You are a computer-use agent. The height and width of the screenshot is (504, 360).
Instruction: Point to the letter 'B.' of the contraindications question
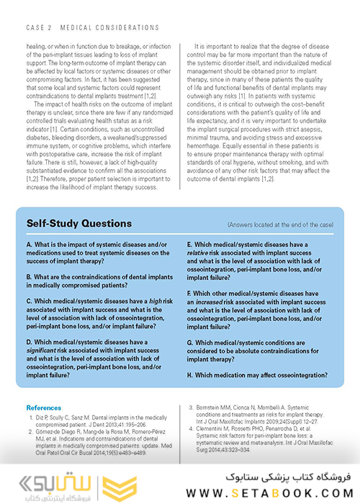point(29,276)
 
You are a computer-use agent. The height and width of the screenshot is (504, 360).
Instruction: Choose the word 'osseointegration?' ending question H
point(300,375)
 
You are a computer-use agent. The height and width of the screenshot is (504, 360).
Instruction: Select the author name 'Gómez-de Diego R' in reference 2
point(58,430)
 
